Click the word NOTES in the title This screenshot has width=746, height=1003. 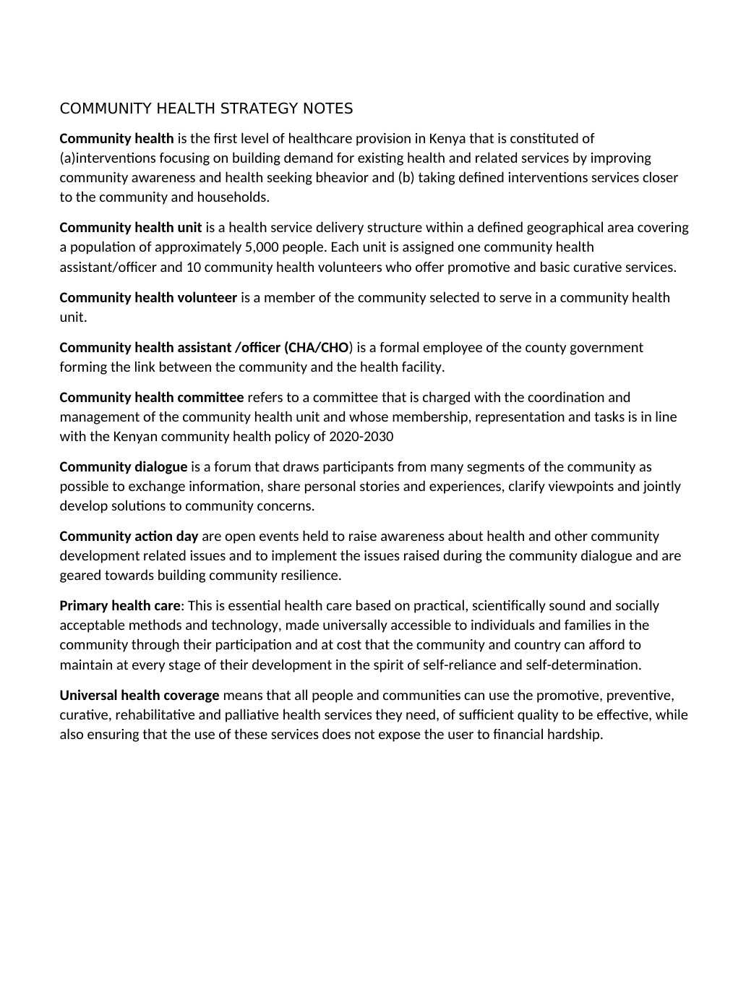point(328,108)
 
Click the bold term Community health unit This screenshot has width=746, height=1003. point(131,228)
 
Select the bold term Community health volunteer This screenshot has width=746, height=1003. point(148,298)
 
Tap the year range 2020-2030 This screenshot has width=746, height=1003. point(361,437)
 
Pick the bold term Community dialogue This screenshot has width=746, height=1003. point(124,467)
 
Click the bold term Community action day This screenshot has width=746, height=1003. point(129,537)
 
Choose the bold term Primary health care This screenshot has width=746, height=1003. point(120,606)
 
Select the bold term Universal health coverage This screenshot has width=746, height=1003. point(140,696)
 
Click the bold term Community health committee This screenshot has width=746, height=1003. point(152,398)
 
